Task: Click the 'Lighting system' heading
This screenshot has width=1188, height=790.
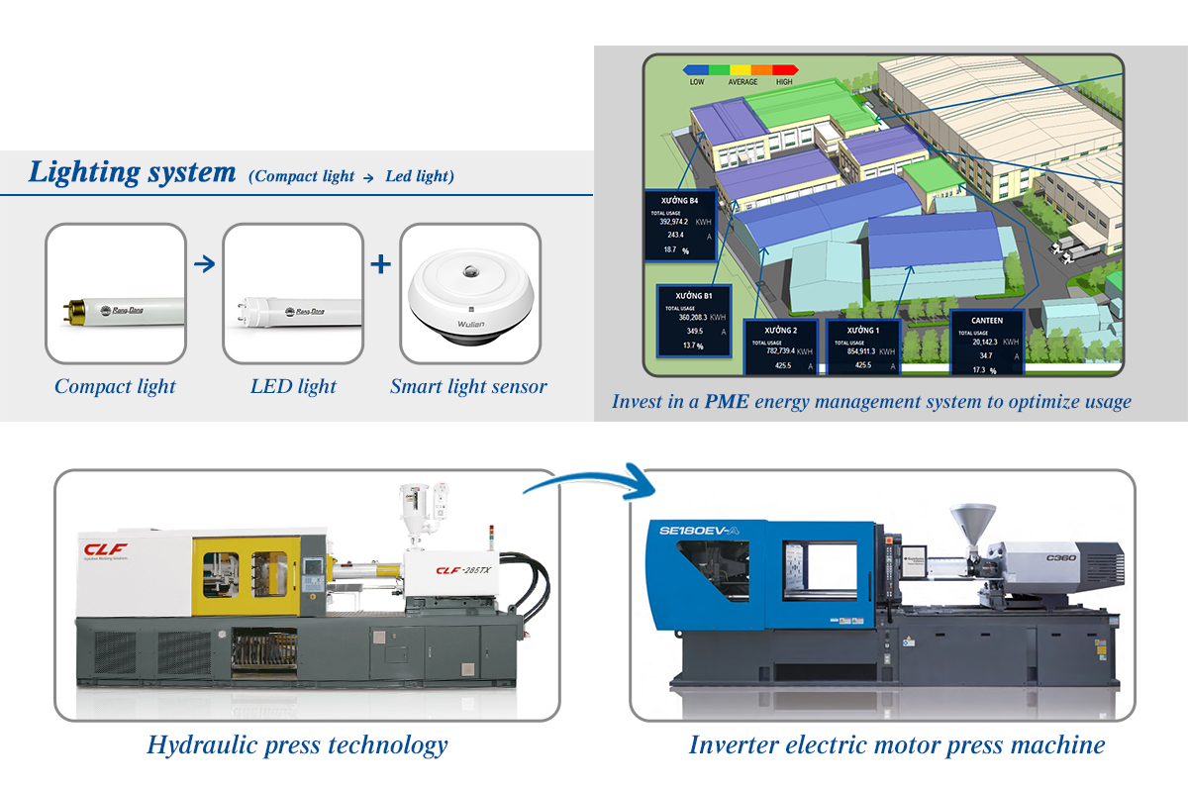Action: coord(132,172)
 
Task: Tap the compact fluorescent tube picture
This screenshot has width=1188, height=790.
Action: coord(116,294)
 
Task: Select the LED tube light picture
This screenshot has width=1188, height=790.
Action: coord(293,294)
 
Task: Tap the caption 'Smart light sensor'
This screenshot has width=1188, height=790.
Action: coord(468,386)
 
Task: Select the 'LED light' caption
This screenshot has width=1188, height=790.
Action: coord(293,386)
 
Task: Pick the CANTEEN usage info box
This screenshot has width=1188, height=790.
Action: coord(988,343)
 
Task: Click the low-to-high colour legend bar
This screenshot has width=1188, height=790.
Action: coord(741,70)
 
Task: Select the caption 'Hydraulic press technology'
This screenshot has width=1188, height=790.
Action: coord(297,744)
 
